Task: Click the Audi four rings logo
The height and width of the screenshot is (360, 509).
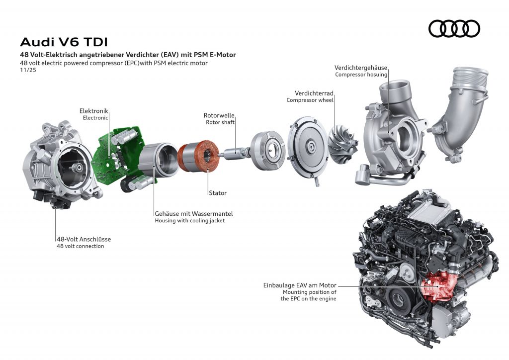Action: tap(454, 28)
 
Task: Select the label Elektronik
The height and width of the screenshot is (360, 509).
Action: tap(93, 110)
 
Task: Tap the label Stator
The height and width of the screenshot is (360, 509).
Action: tap(217, 192)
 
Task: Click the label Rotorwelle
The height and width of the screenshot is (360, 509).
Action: tap(219, 115)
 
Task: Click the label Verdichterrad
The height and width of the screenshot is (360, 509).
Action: tap(314, 93)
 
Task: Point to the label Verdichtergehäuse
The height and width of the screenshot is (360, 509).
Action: tap(361, 68)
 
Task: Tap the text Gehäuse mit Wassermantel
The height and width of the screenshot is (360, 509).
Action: tap(193, 213)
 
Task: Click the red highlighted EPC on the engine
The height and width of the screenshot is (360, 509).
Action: tap(435, 288)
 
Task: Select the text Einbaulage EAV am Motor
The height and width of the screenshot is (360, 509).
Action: tap(300, 285)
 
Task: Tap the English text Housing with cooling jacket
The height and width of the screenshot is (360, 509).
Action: tap(189, 220)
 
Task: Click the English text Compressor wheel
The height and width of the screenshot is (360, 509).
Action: tap(310, 100)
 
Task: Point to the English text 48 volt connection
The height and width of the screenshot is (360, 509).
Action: tap(80, 246)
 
